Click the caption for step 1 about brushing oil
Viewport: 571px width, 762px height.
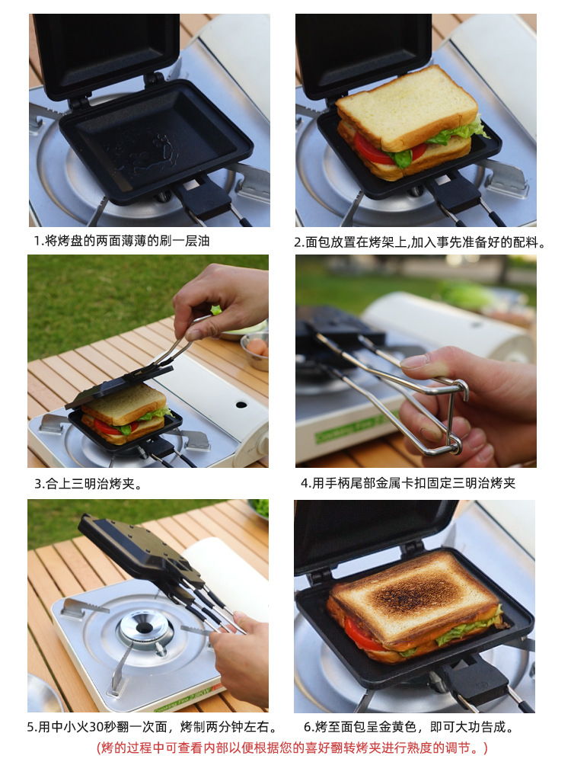pyautogui.click(x=121, y=241)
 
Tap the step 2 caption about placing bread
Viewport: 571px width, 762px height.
pyautogui.click(x=420, y=242)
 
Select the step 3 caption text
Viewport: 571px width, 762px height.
pyautogui.click(x=88, y=484)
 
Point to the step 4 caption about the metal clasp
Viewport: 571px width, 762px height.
pyautogui.click(x=408, y=483)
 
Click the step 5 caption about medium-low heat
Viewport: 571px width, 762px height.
pyautogui.click(x=152, y=727)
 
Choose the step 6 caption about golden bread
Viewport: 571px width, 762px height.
pyautogui.click(x=409, y=727)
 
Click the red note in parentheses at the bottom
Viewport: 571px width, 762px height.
pyautogui.click(x=292, y=748)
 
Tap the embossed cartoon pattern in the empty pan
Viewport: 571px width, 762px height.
pyautogui.click(x=145, y=151)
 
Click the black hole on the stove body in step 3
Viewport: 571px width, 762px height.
pyautogui.click(x=241, y=405)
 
